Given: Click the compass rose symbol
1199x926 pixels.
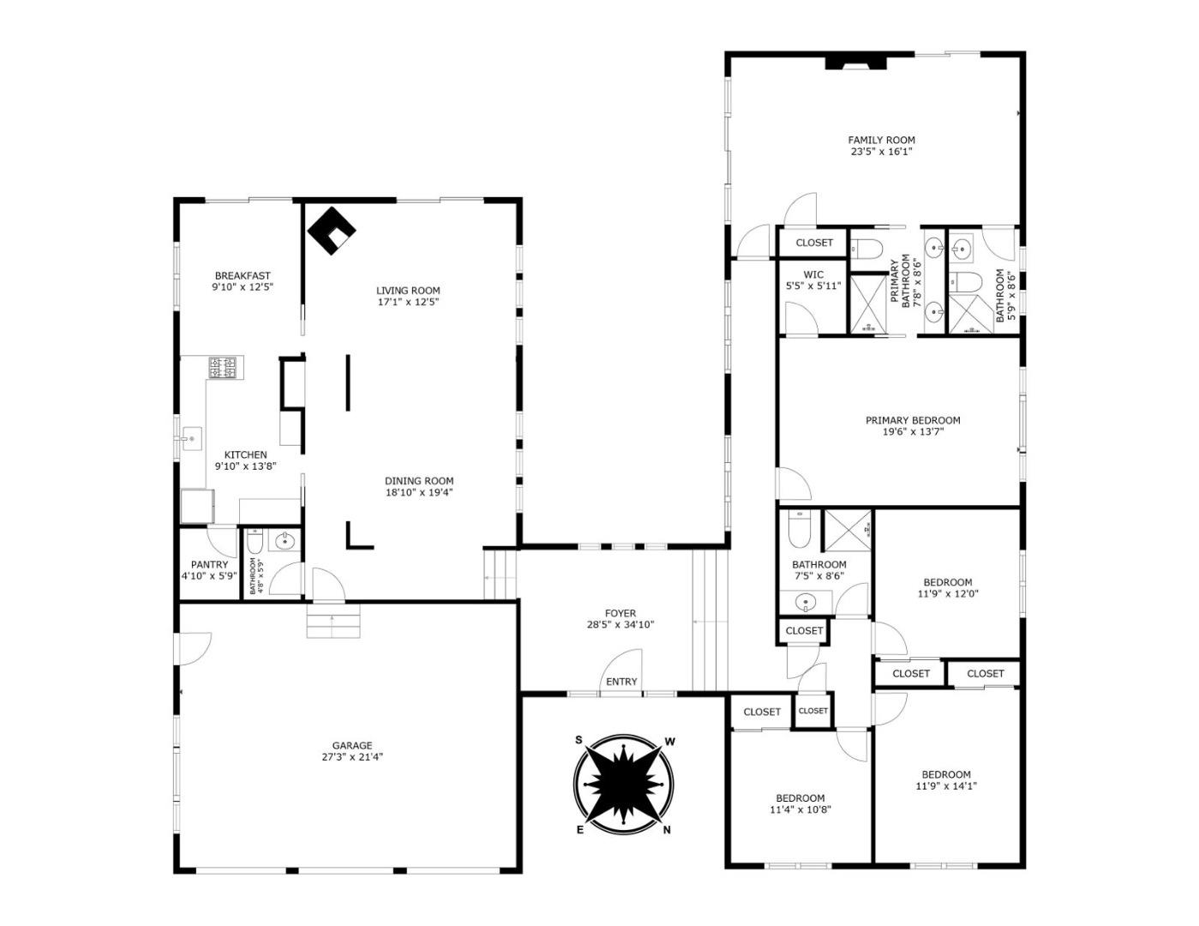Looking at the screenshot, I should (x=623, y=784).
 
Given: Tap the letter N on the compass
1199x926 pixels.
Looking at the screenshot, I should (x=666, y=829).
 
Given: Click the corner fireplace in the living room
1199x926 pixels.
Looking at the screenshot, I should (x=331, y=230).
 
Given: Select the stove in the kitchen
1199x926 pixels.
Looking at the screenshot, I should (x=223, y=368).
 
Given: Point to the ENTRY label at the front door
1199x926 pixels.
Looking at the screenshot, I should (x=621, y=682).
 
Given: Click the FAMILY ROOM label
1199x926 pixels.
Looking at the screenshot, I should (x=881, y=140).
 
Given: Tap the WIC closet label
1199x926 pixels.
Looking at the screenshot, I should (x=813, y=275).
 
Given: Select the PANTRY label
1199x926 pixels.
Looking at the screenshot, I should (x=209, y=564).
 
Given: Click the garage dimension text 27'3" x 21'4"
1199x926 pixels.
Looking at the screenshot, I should (x=352, y=757).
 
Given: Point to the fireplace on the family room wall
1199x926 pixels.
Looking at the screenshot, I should (x=847, y=63).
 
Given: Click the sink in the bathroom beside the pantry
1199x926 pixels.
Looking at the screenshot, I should (x=284, y=541).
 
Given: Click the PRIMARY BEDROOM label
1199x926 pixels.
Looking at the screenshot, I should (x=912, y=420).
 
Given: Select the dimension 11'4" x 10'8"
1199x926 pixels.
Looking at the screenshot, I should (x=800, y=809).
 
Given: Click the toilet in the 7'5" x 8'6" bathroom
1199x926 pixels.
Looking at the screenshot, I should (x=797, y=532).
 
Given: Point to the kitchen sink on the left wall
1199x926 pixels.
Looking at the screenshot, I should (x=190, y=441).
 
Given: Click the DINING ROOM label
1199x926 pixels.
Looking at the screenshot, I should (x=419, y=481).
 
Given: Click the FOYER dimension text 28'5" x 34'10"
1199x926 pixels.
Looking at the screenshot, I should (x=620, y=625).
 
